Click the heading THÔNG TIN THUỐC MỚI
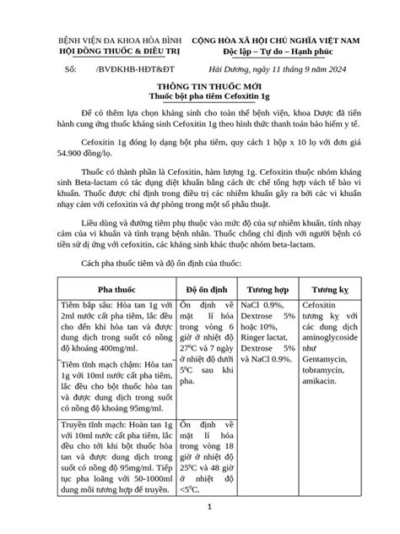pos(200,87)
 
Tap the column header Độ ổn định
pos(203,286)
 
